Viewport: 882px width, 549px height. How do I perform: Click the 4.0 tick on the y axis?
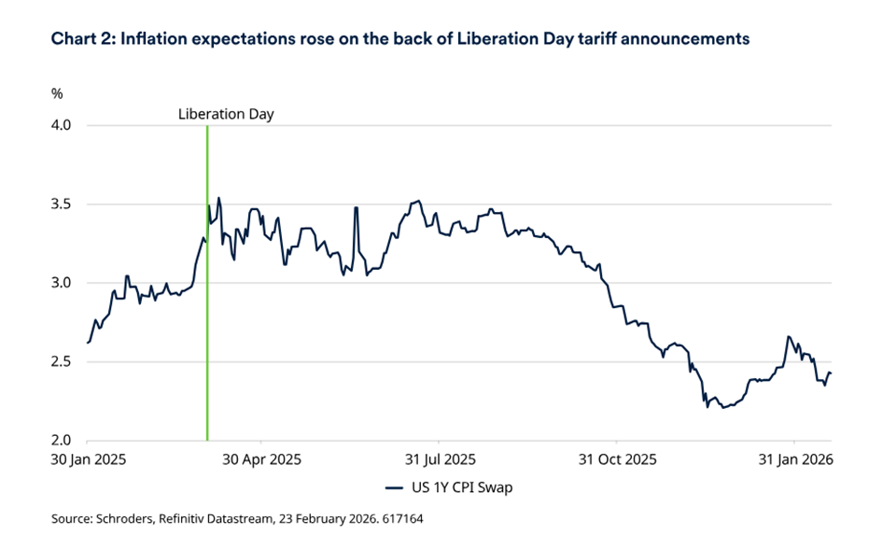tap(62, 125)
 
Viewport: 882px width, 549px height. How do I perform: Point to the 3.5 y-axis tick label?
tap(62, 204)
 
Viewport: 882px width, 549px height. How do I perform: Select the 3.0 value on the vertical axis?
tap(62, 283)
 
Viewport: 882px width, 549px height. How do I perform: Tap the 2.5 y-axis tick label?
tap(62, 361)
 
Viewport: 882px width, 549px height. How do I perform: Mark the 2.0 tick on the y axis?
tap(62, 440)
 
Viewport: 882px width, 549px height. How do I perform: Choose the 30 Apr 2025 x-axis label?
tap(262, 459)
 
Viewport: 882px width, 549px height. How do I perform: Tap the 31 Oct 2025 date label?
tap(616, 459)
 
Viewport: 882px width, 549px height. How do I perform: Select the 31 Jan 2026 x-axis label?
tap(792, 459)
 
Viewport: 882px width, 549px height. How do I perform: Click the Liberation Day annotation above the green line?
tap(226, 114)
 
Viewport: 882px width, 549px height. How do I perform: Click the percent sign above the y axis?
tap(56, 93)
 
